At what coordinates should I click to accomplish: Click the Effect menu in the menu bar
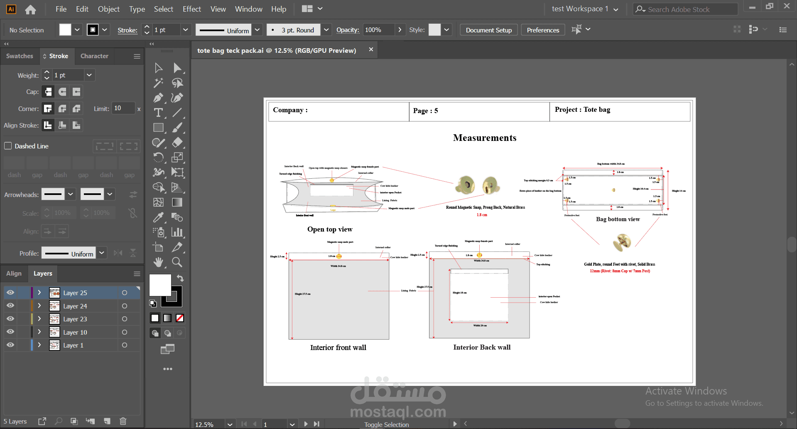tap(191, 9)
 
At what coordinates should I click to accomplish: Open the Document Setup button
tap(488, 30)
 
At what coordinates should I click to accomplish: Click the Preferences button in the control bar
tap(543, 30)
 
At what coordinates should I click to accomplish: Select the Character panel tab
tap(94, 56)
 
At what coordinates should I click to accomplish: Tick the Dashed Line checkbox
tap(8, 146)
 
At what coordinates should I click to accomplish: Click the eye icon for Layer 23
tap(10, 319)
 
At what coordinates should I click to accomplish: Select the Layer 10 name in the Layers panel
tap(75, 332)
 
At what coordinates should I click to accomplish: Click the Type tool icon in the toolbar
tap(158, 113)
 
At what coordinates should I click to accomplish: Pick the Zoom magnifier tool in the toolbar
tap(177, 262)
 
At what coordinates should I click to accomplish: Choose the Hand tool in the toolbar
tap(158, 262)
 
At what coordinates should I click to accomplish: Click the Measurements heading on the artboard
tap(485, 138)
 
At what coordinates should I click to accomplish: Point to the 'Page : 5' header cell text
tap(425, 111)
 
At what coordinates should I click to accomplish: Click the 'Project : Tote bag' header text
tap(582, 110)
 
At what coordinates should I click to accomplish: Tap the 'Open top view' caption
tap(330, 229)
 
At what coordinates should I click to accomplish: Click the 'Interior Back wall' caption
tap(482, 348)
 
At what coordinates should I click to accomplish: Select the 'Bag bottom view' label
tap(618, 219)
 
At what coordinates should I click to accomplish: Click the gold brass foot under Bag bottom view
tap(622, 242)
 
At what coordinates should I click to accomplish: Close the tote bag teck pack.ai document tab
tap(371, 49)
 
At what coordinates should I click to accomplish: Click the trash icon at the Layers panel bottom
tap(123, 421)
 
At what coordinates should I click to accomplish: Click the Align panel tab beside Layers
tap(14, 274)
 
